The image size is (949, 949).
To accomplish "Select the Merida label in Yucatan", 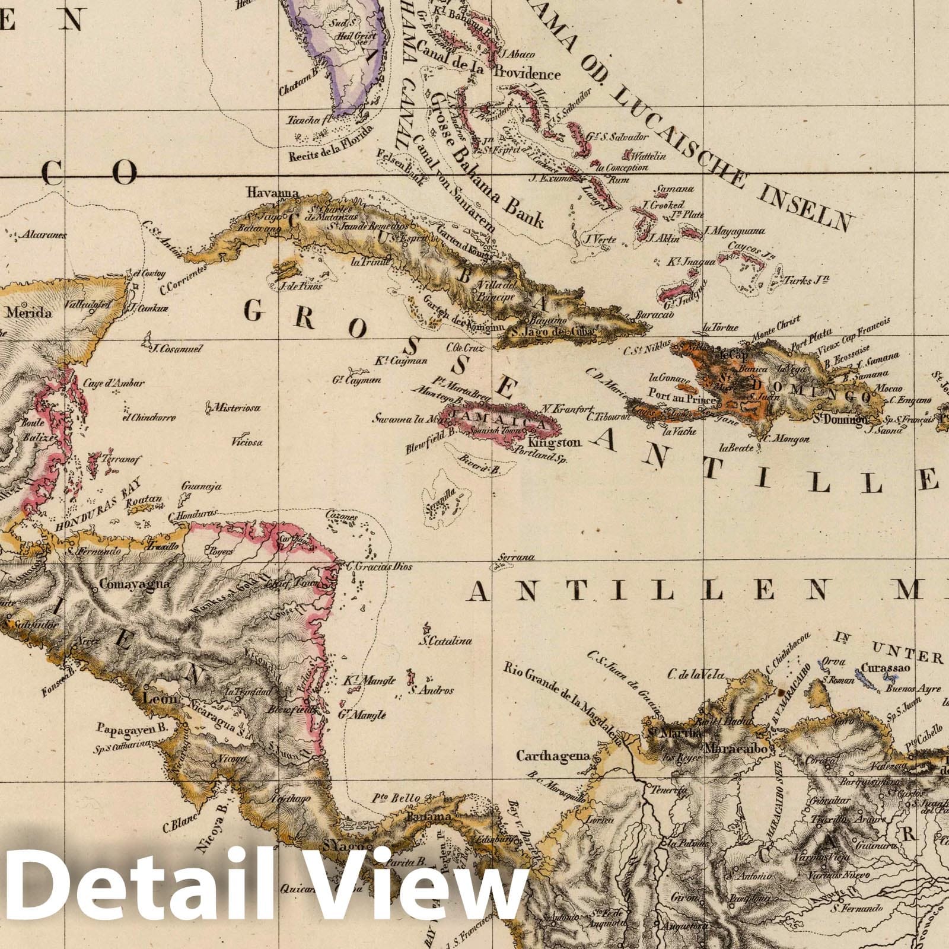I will (28, 313).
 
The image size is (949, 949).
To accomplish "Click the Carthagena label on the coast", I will (553, 756).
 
